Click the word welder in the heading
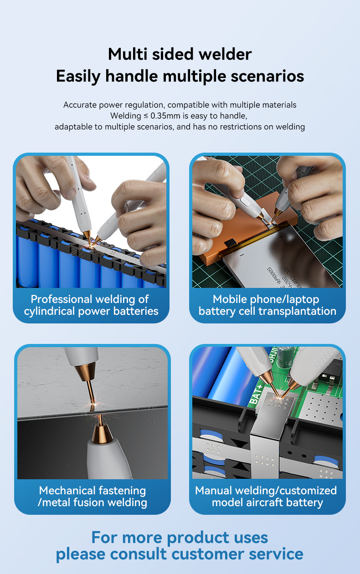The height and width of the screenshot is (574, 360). click(x=225, y=54)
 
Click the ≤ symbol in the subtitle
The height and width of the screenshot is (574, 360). click(x=146, y=116)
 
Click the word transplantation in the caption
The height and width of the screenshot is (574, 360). click(x=297, y=311)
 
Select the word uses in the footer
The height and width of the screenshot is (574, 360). click(x=251, y=538)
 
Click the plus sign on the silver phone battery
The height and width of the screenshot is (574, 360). click(x=281, y=237)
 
